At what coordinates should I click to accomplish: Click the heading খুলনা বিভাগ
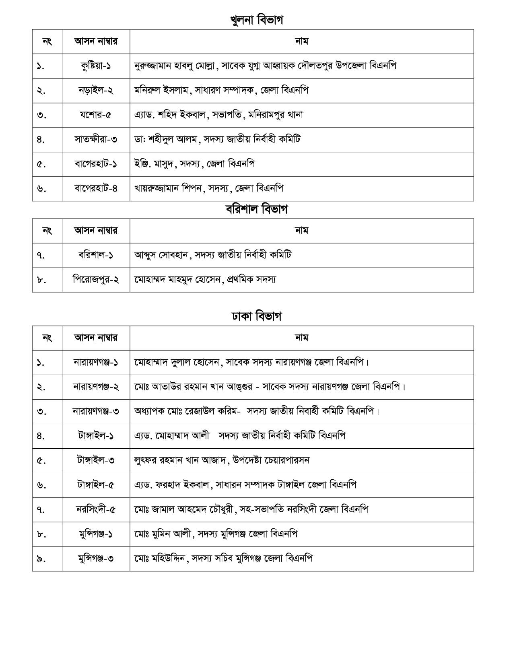pos(256,20)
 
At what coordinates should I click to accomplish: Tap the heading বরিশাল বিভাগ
pos(256,209)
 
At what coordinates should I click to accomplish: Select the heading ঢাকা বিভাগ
pos(256,316)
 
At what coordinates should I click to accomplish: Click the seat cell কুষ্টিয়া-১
pos(96,66)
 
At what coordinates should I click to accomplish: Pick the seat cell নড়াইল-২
pos(96,90)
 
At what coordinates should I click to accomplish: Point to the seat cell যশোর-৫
pos(96,115)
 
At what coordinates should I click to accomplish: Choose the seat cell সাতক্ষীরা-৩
pos(96,139)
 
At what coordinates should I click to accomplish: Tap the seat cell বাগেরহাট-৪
pos(96,188)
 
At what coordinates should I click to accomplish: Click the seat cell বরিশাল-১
pos(96,255)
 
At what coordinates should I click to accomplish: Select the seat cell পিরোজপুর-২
pos(96,279)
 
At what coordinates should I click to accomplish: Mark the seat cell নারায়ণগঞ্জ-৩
pos(96,411)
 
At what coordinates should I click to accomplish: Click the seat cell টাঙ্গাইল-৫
pos(96,485)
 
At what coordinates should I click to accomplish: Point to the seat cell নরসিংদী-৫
pos(96,509)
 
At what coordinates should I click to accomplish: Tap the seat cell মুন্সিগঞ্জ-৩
pos(96,558)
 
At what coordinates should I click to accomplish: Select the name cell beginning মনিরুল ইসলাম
pos(221,90)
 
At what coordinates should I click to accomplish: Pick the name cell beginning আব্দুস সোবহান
pos(213,255)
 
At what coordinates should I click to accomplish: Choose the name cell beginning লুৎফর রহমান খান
pos(222,460)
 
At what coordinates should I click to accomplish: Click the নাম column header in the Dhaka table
pos(301,338)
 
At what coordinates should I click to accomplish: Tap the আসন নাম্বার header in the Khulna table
pos(96,41)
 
